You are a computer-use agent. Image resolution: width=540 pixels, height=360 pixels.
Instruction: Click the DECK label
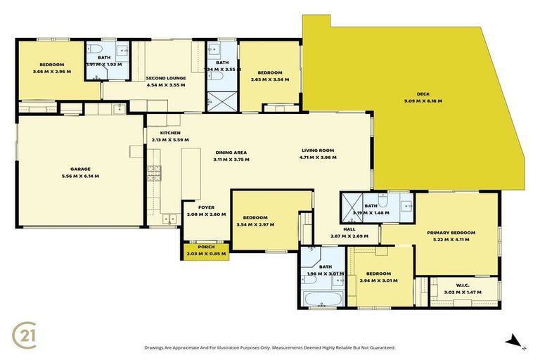pyautogui.click(x=423, y=94)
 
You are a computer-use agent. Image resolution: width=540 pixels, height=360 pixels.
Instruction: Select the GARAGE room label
pyautogui.click(x=80, y=169)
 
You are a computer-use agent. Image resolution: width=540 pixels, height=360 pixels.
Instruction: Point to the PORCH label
pyautogui.click(x=206, y=247)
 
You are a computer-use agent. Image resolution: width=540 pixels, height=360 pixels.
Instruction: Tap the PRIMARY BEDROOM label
pyautogui.click(x=451, y=233)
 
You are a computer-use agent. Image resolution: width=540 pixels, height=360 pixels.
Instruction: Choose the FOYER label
pyautogui.click(x=206, y=207)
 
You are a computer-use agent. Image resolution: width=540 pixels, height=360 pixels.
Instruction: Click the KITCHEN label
pyautogui.click(x=170, y=133)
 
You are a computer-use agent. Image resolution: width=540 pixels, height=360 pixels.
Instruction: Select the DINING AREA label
pyautogui.click(x=231, y=153)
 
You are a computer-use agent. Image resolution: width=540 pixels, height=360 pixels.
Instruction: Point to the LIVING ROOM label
pyautogui.click(x=318, y=150)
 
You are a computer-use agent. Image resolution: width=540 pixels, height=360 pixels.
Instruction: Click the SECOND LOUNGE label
pyautogui.click(x=165, y=78)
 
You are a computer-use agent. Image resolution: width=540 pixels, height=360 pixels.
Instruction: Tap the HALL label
pyautogui.click(x=349, y=229)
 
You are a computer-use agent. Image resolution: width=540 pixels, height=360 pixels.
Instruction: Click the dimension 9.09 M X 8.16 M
pyautogui.click(x=423, y=101)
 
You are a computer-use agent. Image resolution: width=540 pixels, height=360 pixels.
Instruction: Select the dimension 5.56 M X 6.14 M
pyautogui.click(x=80, y=176)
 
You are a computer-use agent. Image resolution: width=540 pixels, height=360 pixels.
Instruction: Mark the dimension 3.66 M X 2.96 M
pyautogui.click(x=52, y=71)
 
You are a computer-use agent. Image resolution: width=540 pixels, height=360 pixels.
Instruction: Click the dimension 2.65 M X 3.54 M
pyautogui.click(x=270, y=79)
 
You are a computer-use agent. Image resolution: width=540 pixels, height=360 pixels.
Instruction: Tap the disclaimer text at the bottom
pyautogui.click(x=270, y=347)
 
